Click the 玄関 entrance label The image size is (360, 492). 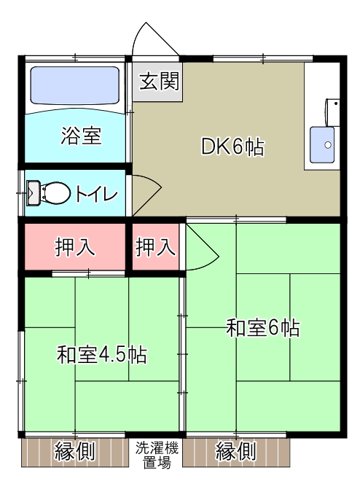click(157, 80)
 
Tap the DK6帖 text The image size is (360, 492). click(232, 147)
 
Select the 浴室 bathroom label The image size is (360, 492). click(81, 135)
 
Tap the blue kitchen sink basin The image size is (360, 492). click(322, 145)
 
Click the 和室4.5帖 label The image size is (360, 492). click(102, 355)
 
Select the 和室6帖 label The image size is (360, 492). click(262, 328)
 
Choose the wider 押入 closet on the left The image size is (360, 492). click(75, 247)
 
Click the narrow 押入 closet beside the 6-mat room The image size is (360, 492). click(155, 247)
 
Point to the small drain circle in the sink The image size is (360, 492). click(327, 145)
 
